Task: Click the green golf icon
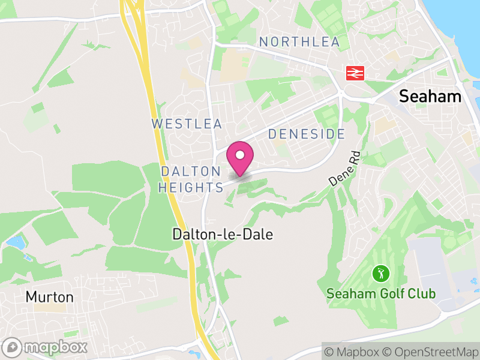pos(380,274)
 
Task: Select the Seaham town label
pos(431,96)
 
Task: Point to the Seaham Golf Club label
pos(380,294)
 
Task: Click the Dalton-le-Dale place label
pos(222,234)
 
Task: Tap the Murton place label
pos(49,297)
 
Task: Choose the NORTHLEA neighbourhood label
pos(299,42)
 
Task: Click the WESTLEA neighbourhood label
pos(187,124)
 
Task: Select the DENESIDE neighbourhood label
pos(306,134)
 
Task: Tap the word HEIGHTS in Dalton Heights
pos(191,188)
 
